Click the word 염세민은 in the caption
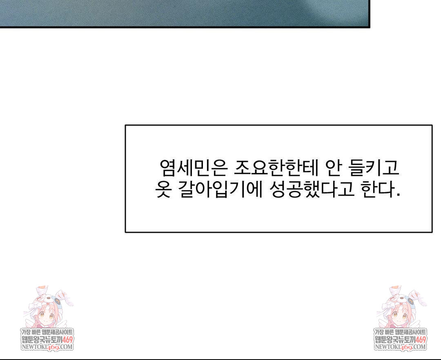[192, 168]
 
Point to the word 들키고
[374, 168]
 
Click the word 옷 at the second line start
[163, 190]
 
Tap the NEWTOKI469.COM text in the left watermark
[47, 347]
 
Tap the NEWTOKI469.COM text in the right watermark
[400, 347]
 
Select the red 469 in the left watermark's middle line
[67, 340]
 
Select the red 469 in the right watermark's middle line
[420, 340]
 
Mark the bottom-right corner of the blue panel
[369, 27]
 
